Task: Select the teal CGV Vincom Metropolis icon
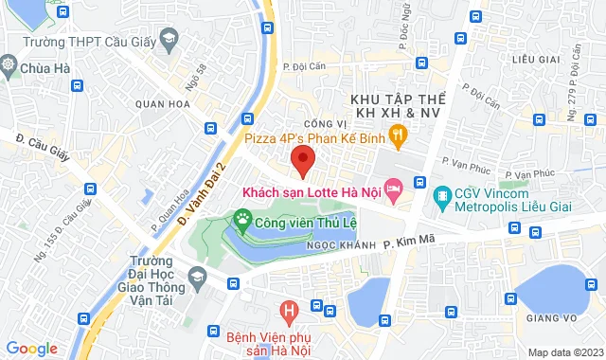pyautogui.click(x=441, y=197)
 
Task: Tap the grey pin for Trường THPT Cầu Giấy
pyautogui.click(x=170, y=39)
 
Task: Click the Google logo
pyautogui.click(x=31, y=349)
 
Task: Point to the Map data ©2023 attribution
pyautogui.click(x=564, y=352)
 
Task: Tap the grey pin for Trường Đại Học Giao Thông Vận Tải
pyautogui.click(x=197, y=277)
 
